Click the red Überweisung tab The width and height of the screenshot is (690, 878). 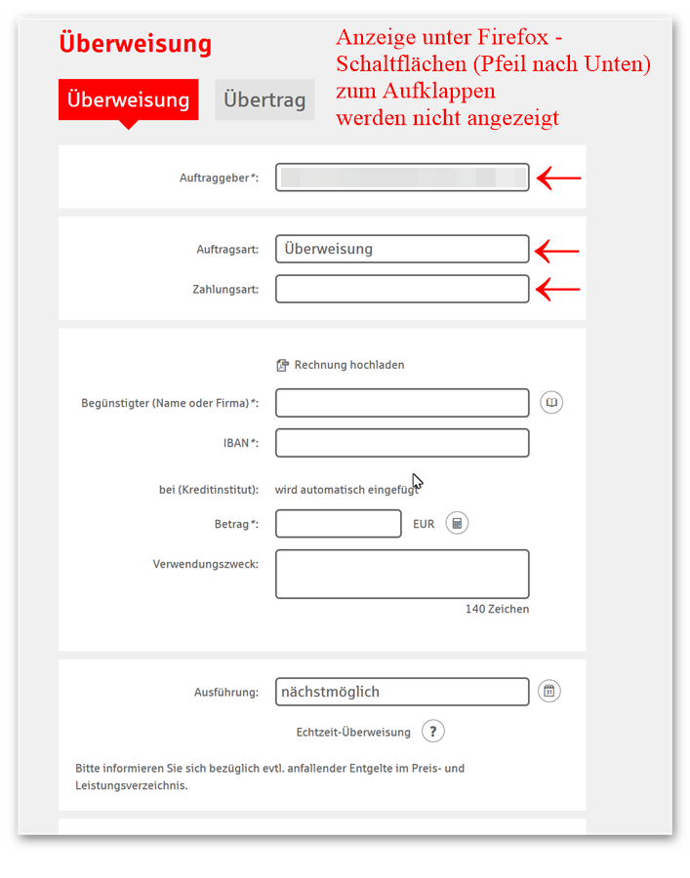(128, 100)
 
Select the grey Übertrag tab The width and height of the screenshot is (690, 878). (264, 100)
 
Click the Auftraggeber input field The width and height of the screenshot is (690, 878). (402, 178)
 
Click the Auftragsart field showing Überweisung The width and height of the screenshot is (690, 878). (402, 249)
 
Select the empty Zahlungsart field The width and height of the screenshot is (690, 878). (402, 289)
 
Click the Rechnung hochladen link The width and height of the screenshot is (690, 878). (341, 365)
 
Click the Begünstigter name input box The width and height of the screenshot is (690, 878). (402, 403)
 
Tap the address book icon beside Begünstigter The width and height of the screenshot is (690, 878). (551, 403)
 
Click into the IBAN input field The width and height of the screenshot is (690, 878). (402, 443)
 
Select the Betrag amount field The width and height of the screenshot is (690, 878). (338, 524)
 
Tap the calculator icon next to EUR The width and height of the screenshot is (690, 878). (457, 524)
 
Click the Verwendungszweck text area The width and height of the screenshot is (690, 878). (402, 574)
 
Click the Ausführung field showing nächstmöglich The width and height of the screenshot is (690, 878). (402, 692)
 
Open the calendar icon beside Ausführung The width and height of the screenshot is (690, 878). (549, 692)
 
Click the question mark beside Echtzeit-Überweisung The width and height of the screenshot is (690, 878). (433, 732)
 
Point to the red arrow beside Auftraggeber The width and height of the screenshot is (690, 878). (558, 179)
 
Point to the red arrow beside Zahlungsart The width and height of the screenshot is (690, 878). (558, 289)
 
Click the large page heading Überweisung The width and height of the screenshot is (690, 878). (135, 44)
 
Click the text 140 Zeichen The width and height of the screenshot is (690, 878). (497, 610)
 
